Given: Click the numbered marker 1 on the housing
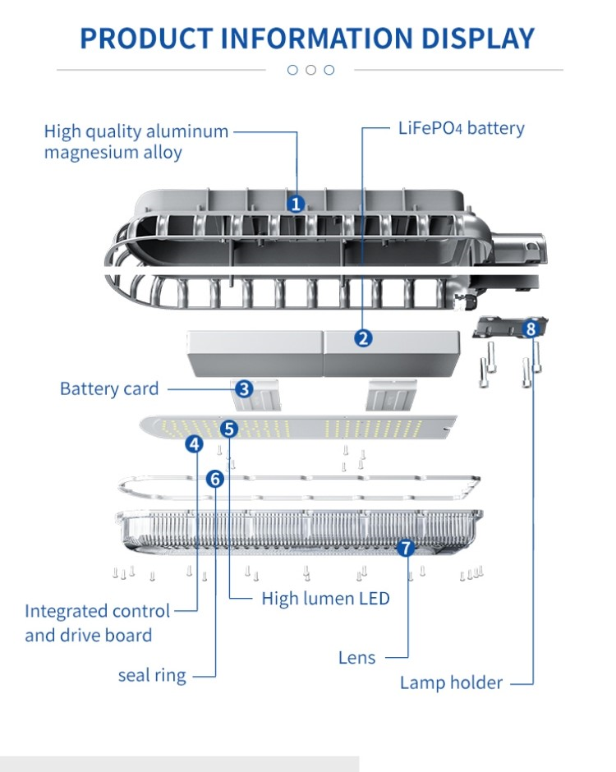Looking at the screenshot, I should point(297,204).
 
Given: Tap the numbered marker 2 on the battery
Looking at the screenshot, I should point(363,338).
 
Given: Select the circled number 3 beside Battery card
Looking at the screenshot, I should point(244,388).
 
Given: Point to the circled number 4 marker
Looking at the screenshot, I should point(195,444).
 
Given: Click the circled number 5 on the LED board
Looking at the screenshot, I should point(229,428).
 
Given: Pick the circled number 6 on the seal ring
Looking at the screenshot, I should point(214,478).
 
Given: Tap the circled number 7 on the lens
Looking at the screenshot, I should point(407,548).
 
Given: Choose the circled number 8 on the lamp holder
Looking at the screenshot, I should point(531,329).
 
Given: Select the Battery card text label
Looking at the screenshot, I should point(109,388).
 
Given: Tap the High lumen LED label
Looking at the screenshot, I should point(325,599).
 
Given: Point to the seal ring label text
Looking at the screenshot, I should point(152,676).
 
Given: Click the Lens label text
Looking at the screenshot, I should point(356,658).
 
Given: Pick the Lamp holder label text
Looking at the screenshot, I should point(451,682).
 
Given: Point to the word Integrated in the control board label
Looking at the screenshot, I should point(67,611).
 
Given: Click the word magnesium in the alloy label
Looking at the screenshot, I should point(89,153).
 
